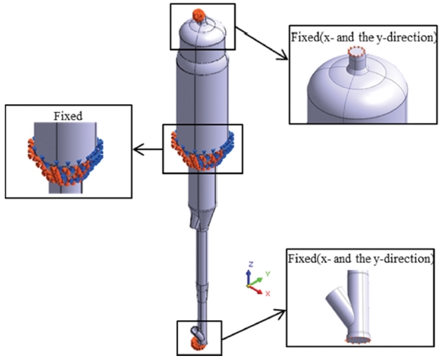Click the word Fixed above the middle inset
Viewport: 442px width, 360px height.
point(68,116)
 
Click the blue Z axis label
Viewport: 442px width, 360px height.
point(250,264)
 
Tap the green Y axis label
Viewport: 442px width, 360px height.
point(268,273)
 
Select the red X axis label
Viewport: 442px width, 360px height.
point(268,293)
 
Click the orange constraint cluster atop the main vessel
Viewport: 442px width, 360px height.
point(199,15)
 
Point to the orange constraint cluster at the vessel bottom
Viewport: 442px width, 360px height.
point(197,343)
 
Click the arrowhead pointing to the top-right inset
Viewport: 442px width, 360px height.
point(283,56)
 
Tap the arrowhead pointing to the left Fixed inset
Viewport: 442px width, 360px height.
point(138,149)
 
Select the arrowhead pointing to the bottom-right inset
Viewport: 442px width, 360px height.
point(281,312)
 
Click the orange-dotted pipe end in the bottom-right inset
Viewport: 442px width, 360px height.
point(358,340)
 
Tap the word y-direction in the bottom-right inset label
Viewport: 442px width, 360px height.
point(402,259)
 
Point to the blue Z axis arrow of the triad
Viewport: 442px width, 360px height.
point(249,277)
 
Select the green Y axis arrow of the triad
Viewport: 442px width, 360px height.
point(255,282)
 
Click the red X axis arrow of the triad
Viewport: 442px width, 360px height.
point(255,290)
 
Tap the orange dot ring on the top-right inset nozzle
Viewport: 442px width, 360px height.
point(357,52)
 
